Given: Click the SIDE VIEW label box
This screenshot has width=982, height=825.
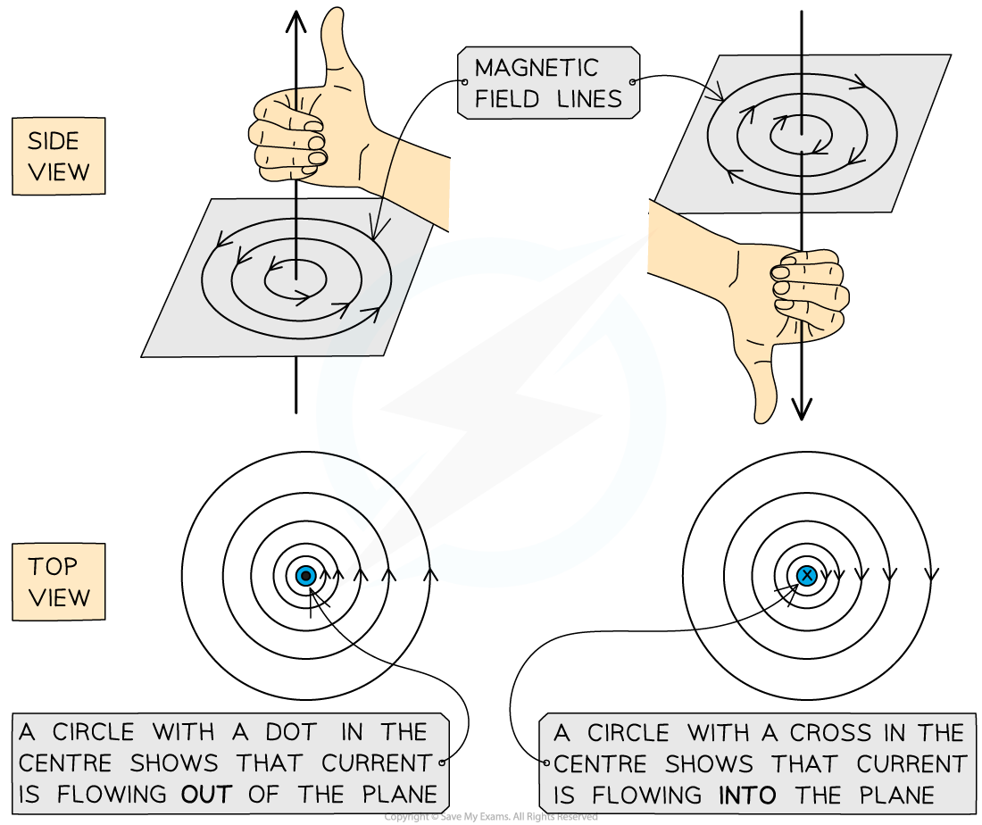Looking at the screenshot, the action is coord(59,156).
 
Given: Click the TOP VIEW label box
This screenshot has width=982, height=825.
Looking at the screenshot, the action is coord(59,582).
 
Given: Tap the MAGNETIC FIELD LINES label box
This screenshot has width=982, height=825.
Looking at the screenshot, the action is coord(549,83).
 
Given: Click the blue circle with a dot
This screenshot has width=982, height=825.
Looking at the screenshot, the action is coord(305,575).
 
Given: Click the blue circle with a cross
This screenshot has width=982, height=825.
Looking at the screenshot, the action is coord(807,575).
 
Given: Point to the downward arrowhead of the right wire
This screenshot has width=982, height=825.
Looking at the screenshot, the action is coord(802,409).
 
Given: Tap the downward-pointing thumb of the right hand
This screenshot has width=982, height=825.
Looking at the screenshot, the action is coord(761,382).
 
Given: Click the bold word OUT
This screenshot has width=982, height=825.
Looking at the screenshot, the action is coord(207,795).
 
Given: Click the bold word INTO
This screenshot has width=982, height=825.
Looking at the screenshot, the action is coord(747,795).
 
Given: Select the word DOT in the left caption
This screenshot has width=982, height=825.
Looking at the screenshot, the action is coord(291,731).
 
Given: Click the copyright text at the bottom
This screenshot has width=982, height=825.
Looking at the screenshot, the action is coord(490,817).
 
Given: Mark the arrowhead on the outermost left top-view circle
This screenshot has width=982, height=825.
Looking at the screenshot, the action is coord(430,575).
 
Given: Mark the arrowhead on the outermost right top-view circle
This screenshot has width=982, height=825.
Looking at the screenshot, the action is coord(932,575).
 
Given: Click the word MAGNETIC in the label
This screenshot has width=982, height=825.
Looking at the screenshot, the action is coord(537,68).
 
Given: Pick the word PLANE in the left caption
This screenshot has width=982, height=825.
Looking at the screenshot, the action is coord(400,795).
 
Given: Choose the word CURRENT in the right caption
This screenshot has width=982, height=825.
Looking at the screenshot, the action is coord(911,763).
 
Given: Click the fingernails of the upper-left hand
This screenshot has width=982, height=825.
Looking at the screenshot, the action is coord(316,141).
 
